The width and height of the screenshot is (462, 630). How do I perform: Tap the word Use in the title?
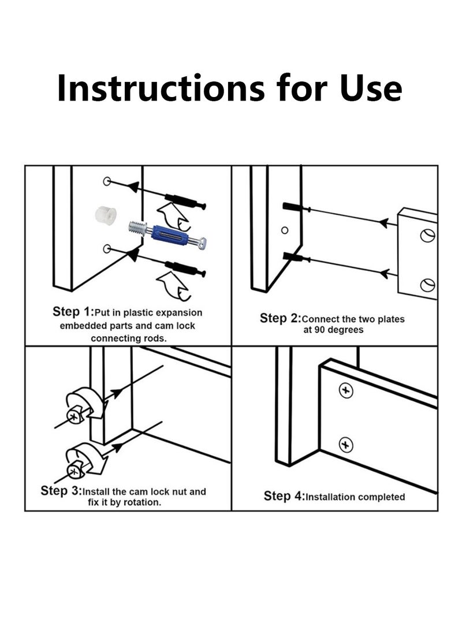tap(371, 88)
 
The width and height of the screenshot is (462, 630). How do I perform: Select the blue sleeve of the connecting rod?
tap(170, 234)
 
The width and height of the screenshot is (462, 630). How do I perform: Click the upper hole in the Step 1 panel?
tap(107, 181)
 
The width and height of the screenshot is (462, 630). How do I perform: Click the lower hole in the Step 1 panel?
tap(107, 249)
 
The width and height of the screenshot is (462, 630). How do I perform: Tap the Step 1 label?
tap(73, 312)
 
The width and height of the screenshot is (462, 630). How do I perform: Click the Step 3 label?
tap(61, 491)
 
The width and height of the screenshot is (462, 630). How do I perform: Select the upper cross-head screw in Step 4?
tap(346, 390)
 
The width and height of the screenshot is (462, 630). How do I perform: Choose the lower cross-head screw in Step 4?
tap(346, 445)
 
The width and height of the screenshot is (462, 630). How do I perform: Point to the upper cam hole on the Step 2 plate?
tap(427, 236)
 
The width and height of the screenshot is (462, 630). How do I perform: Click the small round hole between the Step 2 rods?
tap(285, 230)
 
